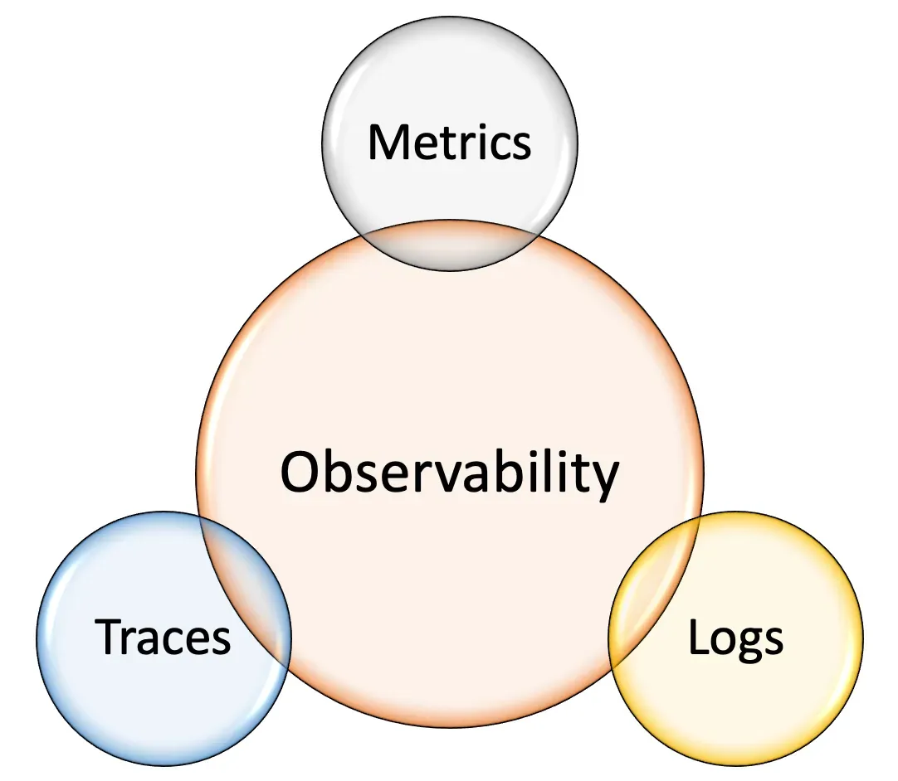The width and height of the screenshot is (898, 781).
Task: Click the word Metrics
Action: coord(449,142)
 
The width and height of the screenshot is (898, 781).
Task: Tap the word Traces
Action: coord(163,637)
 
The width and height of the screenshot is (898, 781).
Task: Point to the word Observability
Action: coord(449,472)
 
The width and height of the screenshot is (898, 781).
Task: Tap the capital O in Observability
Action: coord(300,472)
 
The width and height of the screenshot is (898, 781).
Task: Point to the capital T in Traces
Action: coord(110,637)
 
